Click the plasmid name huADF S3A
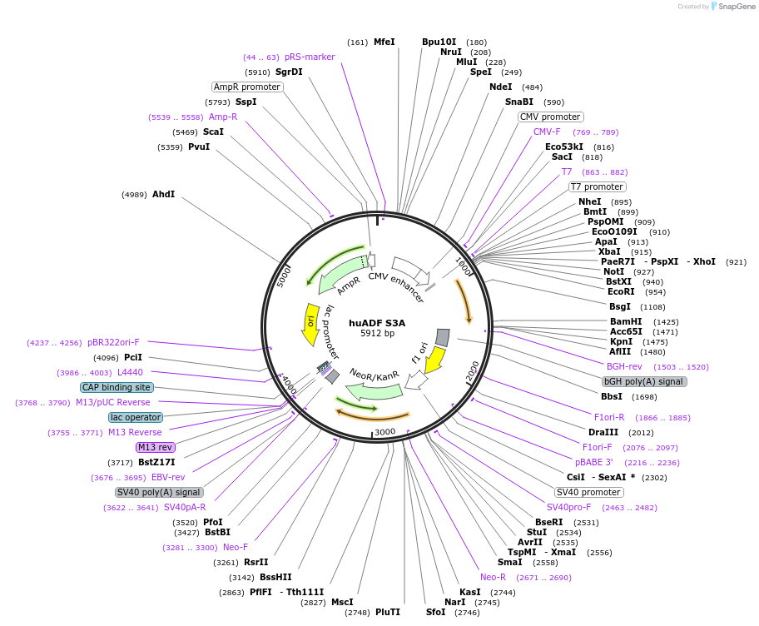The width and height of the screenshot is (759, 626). coord(377,323)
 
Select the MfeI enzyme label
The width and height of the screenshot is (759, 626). coord(384,42)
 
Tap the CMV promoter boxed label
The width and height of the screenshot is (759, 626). coord(550,117)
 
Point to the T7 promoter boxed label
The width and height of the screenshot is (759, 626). coord(597,186)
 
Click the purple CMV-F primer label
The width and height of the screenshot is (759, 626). coord(547,132)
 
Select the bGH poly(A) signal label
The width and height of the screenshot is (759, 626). coord(643,381)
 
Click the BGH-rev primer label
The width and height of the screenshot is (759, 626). coord(624,366)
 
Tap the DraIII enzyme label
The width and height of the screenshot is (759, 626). coord(603,432)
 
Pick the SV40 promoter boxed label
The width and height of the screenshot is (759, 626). coord(588,492)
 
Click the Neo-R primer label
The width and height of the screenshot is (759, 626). coord(493,577)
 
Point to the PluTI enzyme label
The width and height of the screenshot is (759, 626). coord(388,612)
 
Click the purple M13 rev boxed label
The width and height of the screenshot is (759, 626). coord(156,447)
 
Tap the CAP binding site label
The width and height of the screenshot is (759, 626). coord(117,387)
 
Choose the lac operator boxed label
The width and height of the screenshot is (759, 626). coord(135,417)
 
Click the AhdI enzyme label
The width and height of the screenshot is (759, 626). coord(163,194)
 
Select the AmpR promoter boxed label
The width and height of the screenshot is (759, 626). coord(247,87)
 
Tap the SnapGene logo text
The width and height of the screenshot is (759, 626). coord(733,7)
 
